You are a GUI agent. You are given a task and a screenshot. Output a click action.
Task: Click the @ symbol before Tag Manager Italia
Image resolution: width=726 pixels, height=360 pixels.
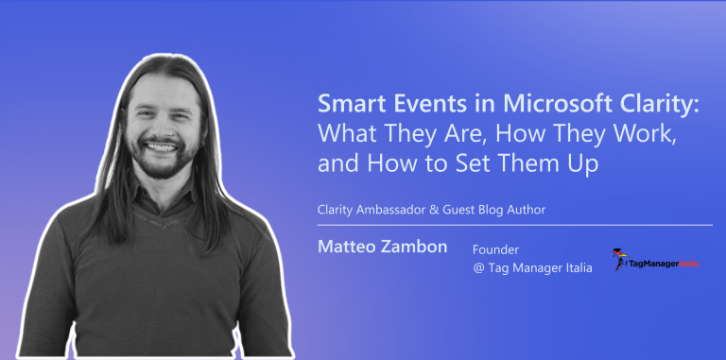coord(479,268)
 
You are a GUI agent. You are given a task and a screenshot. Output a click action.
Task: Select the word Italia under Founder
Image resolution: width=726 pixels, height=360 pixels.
coord(572,268)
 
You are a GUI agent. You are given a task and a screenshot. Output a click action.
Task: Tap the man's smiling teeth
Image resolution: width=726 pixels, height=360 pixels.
coord(163,149)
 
